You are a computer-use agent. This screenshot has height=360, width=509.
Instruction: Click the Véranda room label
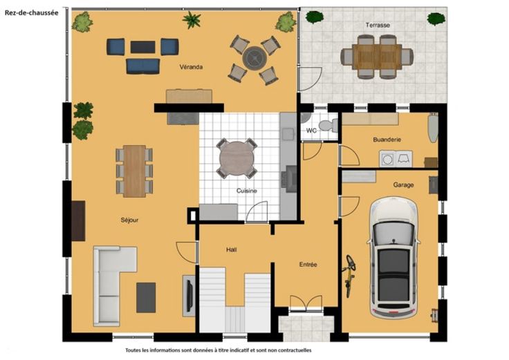191,67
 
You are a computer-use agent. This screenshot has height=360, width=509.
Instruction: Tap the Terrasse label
378,25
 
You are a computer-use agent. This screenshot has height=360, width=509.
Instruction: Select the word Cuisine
246,191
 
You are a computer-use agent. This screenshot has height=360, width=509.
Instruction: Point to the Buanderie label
387,140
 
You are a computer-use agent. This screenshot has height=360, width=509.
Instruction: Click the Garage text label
403,185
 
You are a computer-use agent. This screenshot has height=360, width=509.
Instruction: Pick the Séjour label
129,220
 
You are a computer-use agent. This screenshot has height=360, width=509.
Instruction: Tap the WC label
311,131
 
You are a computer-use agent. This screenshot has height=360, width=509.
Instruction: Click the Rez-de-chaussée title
32,13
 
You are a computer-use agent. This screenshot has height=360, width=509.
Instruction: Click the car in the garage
394,257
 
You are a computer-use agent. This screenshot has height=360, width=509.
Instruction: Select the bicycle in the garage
349,276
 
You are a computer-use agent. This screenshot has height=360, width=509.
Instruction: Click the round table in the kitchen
237,159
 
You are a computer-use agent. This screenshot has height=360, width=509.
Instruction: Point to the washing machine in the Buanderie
387,159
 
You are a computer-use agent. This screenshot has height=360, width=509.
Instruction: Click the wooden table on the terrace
377,57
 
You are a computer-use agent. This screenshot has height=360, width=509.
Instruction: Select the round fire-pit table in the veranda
254,58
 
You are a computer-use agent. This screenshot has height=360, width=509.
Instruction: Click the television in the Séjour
189,296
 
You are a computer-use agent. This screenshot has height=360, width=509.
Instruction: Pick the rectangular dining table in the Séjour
134,171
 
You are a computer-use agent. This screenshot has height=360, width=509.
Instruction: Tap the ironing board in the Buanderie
433,127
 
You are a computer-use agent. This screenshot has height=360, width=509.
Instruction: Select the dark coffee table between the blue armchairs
143,47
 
